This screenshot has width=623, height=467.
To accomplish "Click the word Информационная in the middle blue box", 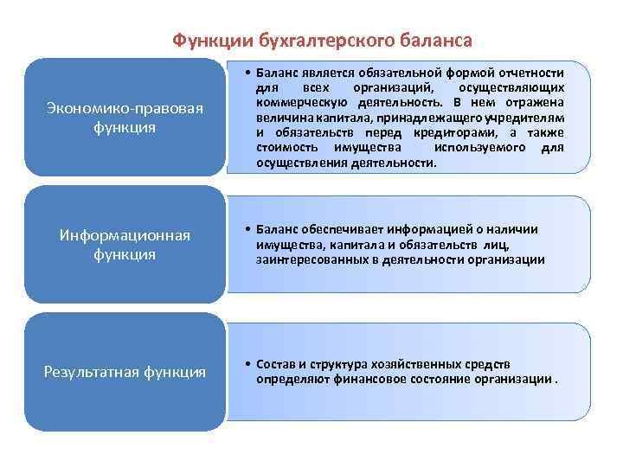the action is coord(125,235).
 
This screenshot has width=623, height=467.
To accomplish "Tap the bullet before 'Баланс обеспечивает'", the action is coord(247,229).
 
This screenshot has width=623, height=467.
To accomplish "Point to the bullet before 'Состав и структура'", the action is coord(247,364).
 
